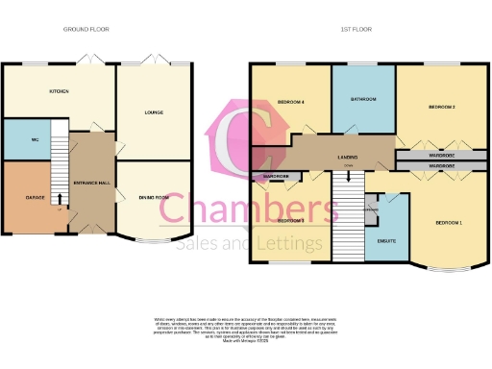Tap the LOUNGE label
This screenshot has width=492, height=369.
point(154,112)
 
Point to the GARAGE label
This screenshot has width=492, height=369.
point(24,197)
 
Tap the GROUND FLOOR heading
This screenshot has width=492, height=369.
point(86,30)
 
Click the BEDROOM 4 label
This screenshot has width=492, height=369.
point(291,102)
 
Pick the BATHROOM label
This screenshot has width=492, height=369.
point(362,99)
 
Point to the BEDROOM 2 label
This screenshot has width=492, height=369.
point(441,106)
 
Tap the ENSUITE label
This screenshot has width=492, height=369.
point(388,240)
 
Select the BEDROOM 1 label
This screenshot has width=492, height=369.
point(448,223)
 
